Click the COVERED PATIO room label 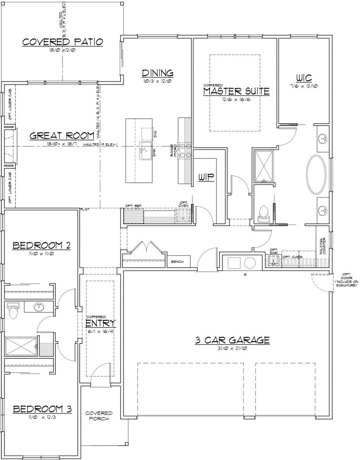coord(63,42)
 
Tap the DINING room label coord(157,73)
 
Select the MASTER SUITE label coord(236,91)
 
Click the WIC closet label coord(304,77)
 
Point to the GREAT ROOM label coord(62,135)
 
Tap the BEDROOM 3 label coord(42,409)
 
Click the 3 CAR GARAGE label coord(232,340)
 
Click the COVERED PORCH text coord(99,416)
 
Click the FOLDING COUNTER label coord(323,246)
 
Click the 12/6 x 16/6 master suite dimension coord(236,99)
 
